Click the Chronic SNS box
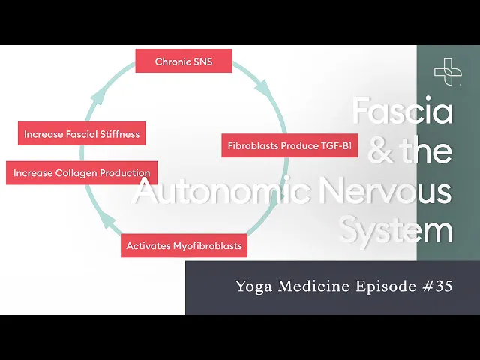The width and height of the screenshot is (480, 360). pos(183,61)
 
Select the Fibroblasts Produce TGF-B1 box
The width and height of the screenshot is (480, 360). pos(289,145)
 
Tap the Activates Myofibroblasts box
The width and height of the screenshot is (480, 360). pos(184,245)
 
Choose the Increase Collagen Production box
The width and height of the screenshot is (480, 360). pos(82,172)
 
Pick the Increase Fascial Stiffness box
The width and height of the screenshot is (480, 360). pos(82,135)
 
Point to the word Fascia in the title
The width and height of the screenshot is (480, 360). pos(402,112)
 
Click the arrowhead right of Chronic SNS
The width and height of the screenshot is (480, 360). pos(262,87)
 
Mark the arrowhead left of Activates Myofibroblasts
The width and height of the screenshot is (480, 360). pos(108,221)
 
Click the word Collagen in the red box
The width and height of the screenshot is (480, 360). pos(76,172)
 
